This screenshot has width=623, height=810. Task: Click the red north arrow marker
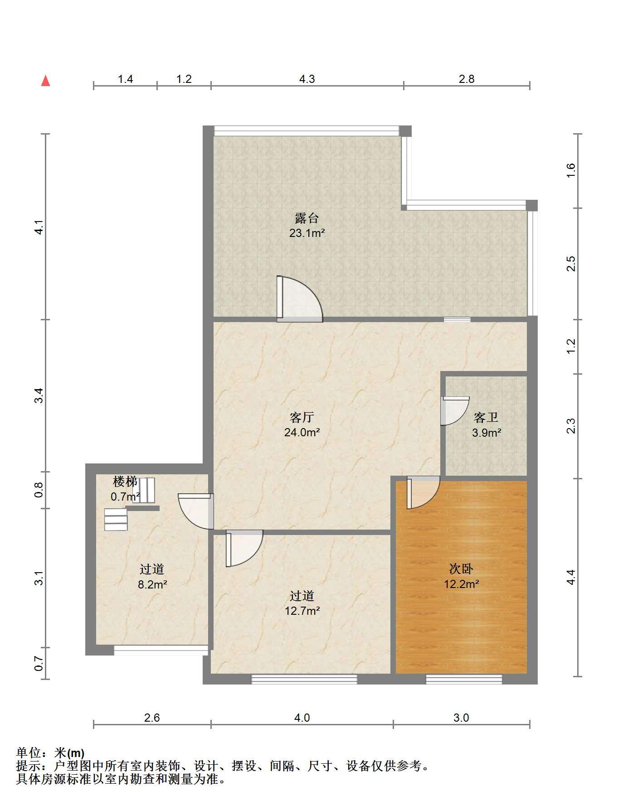pos(45,81)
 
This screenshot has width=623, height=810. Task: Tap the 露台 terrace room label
pos(307,218)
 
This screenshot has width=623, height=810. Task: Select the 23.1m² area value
pos(307,233)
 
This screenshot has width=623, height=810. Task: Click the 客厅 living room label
pos(302,417)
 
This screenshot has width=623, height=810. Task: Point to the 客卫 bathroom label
pos(486,417)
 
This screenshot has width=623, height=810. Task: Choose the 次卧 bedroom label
pos(462,569)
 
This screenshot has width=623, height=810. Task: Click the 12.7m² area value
pos(302,611)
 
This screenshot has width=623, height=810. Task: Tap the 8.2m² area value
pos(152,584)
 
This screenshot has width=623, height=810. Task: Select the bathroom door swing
pos(454,411)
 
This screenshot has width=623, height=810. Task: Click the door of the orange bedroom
pos(423,492)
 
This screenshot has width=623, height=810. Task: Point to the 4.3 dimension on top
pos(307,79)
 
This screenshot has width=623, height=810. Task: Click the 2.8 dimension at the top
pos(467,79)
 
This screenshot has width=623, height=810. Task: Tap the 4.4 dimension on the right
pos(571,577)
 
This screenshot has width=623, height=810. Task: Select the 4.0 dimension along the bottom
pos(302,718)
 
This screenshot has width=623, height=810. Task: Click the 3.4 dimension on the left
pos(39,395)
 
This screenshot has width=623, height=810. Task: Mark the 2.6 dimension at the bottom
pos(152,718)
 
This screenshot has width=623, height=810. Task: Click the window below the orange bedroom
pos(464,679)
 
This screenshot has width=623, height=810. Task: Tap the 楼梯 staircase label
pos(125,481)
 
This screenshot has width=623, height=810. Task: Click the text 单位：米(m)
pos(50,752)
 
